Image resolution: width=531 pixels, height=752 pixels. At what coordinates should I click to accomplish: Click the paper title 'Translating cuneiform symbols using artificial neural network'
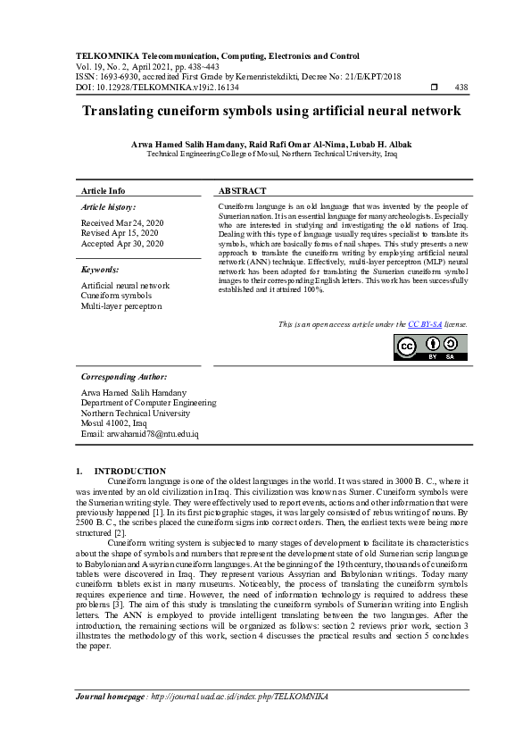pyautogui.click(x=271, y=112)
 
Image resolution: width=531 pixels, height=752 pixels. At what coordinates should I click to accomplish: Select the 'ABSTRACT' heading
pyautogui.click(x=243, y=191)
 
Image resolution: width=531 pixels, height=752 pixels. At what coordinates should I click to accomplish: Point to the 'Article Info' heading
pyautogui.click(x=104, y=191)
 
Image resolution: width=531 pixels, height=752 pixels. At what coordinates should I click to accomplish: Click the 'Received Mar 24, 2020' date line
pyautogui.click(x=122, y=221)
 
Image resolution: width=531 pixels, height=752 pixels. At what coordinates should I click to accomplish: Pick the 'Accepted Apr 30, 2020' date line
pyautogui.click(x=122, y=243)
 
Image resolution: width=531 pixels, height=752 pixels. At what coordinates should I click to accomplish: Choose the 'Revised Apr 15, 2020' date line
pyautogui.click(x=120, y=232)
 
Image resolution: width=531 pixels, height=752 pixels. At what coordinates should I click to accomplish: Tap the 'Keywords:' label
pyautogui.click(x=100, y=269)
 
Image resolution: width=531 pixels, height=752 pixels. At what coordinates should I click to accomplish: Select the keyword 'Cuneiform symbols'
pyautogui.click(x=116, y=296)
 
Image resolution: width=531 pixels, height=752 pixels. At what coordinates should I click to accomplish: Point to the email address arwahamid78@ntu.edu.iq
pyautogui.click(x=139, y=434)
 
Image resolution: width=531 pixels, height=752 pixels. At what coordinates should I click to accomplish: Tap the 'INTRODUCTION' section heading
pyautogui.click(x=130, y=471)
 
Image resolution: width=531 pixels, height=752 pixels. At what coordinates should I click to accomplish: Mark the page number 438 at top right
pyautogui.click(x=461, y=87)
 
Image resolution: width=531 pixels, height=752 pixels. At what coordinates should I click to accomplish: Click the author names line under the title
pyautogui.click(x=271, y=144)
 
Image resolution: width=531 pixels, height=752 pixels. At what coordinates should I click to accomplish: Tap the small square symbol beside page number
pyautogui.click(x=434, y=87)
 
